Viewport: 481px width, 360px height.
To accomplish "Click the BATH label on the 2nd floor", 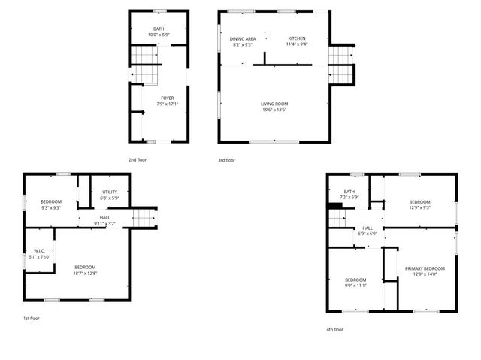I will (x=159, y=29).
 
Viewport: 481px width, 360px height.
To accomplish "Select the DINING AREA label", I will (x=242, y=38).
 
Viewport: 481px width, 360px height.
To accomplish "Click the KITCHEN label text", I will (x=297, y=38).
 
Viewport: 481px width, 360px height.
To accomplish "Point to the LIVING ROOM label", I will (x=274, y=104).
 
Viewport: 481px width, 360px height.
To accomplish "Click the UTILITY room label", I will (x=109, y=192).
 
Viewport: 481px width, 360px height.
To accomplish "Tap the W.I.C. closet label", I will (x=40, y=251).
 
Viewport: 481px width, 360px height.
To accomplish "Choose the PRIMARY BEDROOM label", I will (x=425, y=268).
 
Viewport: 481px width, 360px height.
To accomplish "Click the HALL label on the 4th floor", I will (x=368, y=228).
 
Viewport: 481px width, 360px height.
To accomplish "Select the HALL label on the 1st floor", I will (x=104, y=218).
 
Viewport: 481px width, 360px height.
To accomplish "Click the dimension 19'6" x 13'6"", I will (x=274, y=110).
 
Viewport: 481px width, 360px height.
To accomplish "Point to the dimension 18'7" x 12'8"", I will (x=85, y=273).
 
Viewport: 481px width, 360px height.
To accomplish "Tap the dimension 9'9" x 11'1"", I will (x=355, y=286).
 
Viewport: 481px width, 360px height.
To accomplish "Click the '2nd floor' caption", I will (x=137, y=160).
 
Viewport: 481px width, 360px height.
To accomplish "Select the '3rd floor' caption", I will (x=226, y=160).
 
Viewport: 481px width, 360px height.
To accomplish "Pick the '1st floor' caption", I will (x=31, y=319).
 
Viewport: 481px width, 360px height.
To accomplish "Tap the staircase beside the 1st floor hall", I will (x=143, y=218).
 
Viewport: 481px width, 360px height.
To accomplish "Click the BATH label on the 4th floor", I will (x=349, y=192).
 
